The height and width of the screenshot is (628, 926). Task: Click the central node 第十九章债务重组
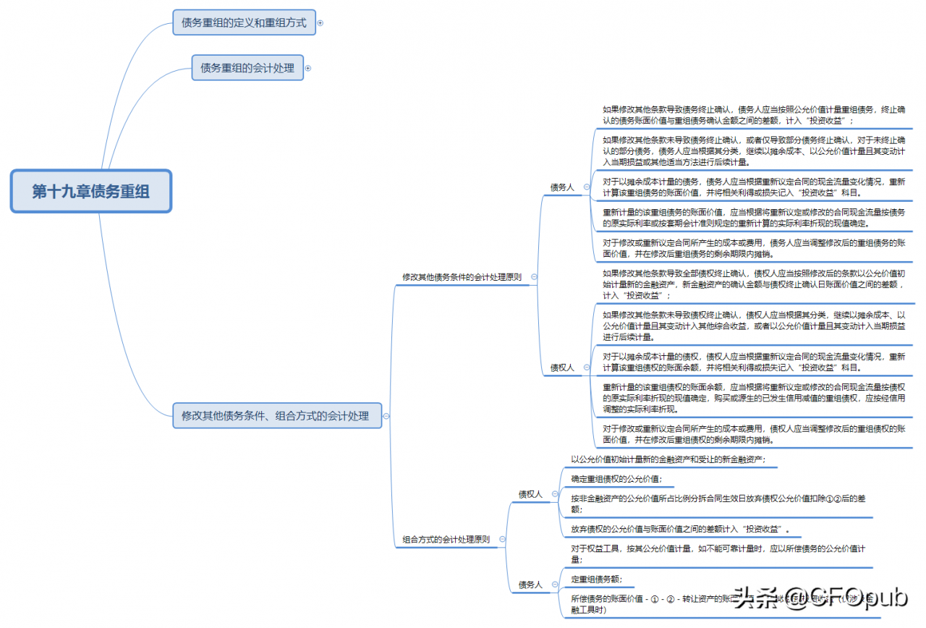tap(91, 191)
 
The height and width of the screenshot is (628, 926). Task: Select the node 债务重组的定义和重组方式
tap(244, 22)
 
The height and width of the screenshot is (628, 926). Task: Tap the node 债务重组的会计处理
tap(247, 68)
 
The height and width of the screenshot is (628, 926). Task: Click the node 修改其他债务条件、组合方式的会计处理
tap(276, 415)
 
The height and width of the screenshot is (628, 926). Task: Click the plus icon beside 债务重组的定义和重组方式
tap(320, 23)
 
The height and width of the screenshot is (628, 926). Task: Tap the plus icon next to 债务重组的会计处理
tap(308, 68)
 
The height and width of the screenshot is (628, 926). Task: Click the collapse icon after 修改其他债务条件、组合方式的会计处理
tap(386, 416)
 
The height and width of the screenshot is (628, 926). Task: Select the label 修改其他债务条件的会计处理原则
tap(462, 276)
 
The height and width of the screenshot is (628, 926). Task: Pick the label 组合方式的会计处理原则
tap(446, 539)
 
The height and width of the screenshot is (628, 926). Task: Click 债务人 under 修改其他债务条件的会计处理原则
tap(562, 187)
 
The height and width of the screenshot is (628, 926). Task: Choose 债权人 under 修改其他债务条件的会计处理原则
tap(562, 368)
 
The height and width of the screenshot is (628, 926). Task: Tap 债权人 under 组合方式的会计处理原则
tap(530, 494)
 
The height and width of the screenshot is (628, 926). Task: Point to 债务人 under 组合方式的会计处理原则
tap(530, 584)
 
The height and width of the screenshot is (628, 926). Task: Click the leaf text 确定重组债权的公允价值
tap(616, 478)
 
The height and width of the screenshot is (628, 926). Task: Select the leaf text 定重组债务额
tap(596, 579)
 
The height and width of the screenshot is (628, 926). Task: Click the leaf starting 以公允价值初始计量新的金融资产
tap(668, 459)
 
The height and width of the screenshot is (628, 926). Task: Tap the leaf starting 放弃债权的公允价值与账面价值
tap(680, 529)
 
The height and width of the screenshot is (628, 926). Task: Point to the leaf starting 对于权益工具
tap(718, 553)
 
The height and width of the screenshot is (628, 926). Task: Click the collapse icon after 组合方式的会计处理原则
tap(502, 539)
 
